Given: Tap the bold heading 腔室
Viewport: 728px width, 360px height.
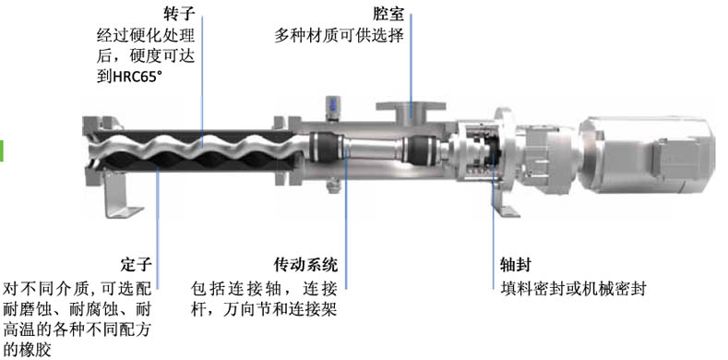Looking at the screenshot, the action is tap(388, 14).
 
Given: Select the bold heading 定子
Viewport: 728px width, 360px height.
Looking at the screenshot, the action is tap(136, 265).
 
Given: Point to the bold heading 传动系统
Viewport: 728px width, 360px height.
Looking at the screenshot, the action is tap(305, 265).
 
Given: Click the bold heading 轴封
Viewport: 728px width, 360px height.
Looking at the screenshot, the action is tap(516, 265).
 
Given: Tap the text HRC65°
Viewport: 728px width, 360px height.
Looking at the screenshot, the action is tap(137, 77).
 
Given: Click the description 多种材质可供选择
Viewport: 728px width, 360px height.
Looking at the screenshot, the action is tap(339, 35).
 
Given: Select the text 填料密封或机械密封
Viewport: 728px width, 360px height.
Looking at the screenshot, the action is tap(573, 289).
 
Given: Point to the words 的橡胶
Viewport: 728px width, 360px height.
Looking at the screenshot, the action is tap(27, 349).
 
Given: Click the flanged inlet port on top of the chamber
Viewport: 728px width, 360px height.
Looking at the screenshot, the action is tap(411, 112).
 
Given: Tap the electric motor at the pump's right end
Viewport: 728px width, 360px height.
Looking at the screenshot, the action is tap(648, 154).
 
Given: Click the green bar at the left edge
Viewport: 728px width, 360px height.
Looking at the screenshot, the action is tap(2, 150).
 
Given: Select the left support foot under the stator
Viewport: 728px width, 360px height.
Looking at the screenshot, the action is tap(118, 194).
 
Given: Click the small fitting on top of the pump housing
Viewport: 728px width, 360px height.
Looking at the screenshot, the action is tap(333, 107).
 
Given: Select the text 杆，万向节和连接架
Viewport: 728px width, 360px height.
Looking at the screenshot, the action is tap(264, 310).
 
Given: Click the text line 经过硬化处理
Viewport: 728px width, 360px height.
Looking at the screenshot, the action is tap(146, 35).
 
